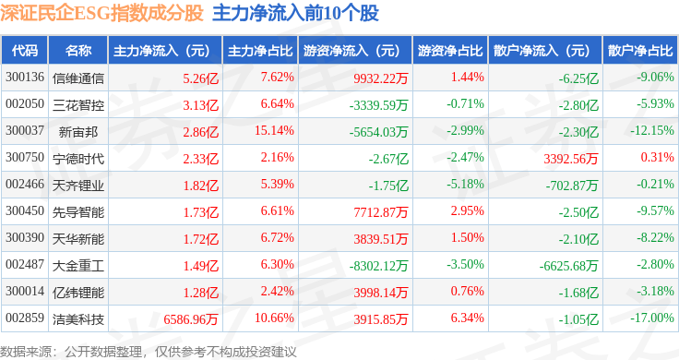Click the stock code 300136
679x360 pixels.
[x=25, y=78]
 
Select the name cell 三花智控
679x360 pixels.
[x=78, y=105]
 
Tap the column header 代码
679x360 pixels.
[x=25, y=50]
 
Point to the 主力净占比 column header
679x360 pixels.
[x=260, y=50]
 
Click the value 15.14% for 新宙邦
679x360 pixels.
[x=274, y=130]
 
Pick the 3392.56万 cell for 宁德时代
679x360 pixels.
[x=571, y=159]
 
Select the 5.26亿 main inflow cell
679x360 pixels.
[x=200, y=78]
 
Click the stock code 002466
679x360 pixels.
[x=25, y=184]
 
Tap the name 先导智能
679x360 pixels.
[x=78, y=212]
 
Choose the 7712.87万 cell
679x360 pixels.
[x=381, y=212]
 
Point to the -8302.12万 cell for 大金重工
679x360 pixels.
[x=378, y=266]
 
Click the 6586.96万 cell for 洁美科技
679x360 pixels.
[x=191, y=319]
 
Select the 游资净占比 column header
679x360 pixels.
[x=450, y=50]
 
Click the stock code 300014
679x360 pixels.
[x=25, y=291]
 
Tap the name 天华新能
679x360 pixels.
[x=78, y=239]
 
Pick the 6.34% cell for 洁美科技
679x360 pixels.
[x=467, y=318]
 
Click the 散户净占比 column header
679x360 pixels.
[x=640, y=50]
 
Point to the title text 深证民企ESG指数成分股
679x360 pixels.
[x=101, y=13]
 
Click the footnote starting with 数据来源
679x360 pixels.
[x=149, y=352]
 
